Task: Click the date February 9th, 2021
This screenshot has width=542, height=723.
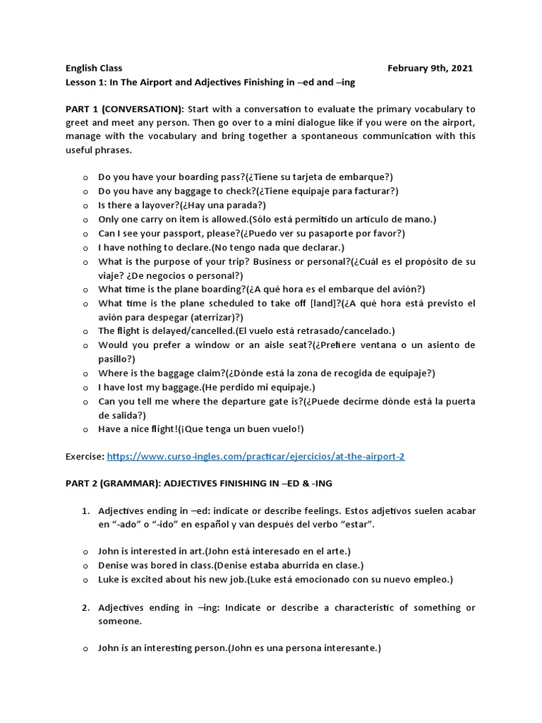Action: [430, 68]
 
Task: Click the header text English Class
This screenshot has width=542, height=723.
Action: [94, 68]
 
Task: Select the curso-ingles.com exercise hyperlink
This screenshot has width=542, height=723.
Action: [255, 457]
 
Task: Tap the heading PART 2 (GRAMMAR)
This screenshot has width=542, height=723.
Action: [124, 484]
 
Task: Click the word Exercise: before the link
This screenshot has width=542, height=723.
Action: [85, 457]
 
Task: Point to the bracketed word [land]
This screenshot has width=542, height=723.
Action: [325, 303]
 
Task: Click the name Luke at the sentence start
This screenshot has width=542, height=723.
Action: [109, 579]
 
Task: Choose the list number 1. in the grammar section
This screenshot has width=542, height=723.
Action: [85, 510]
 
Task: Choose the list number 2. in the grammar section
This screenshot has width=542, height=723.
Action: [85, 608]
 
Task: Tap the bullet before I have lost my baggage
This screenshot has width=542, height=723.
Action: [85, 388]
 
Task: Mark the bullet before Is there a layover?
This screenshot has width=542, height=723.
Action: [85, 206]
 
